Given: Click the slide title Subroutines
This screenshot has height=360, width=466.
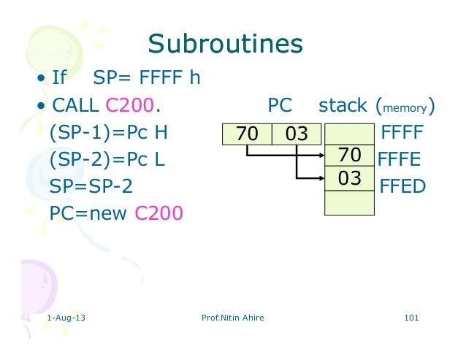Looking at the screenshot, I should tap(225, 45).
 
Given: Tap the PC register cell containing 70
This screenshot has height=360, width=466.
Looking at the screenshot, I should tap(248, 134).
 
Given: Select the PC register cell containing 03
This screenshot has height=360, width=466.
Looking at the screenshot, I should tap(297, 134).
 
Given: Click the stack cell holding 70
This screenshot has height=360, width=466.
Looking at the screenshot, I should tap(349, 156).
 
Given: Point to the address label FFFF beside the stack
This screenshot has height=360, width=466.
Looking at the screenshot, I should tap(402, 134).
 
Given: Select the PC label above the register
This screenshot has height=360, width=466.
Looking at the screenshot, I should tap(280, 106).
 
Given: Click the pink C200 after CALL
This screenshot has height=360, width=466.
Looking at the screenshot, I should tap(130, 106).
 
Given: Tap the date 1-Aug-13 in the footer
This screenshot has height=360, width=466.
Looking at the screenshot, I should tap(64, 318).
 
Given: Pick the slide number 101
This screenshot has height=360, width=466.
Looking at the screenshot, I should tap(410, 318).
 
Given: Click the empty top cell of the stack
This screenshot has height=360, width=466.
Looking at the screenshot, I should tap(349, 133).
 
